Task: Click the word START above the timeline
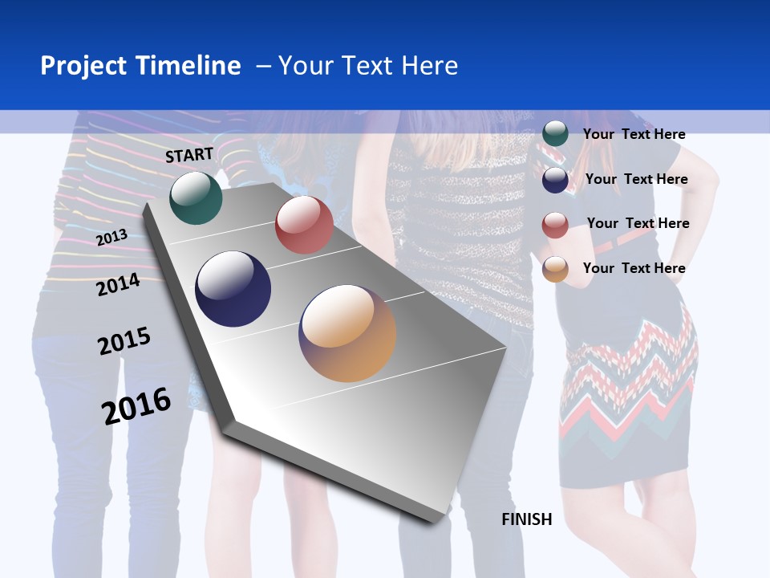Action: coord(189,155)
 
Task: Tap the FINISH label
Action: coord(527,519)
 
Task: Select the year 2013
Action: coord(111,237)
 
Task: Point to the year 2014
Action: coord(118,284)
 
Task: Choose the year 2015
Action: coord(124,341)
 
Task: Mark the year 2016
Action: coord(136,405)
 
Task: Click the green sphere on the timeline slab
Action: coord(196,197)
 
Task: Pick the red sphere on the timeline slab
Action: coord(304,225)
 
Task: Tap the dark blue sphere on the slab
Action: coord(233,289)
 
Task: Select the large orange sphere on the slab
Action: coord(347,333)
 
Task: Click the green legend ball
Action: coord(555,133)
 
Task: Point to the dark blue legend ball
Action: coord(555,180)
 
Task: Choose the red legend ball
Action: coord(555,225)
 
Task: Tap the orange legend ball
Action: coord(555,269)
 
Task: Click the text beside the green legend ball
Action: coord(634,134)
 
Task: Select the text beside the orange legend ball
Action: coord(634,268)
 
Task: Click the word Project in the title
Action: coord(83,66)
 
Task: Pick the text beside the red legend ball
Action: coord(638,223)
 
